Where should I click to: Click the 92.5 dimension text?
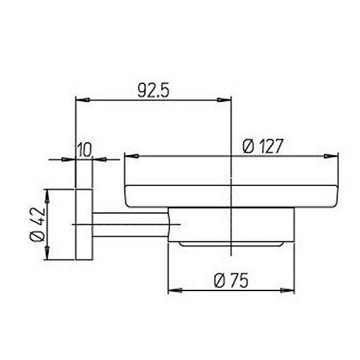153,90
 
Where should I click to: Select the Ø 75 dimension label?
231,280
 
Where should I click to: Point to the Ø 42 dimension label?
38,225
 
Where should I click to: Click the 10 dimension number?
84,150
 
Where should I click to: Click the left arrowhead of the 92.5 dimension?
83,100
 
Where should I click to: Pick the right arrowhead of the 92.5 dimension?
224,100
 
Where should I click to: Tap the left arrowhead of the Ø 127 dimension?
132,156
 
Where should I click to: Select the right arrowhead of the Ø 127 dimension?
331,156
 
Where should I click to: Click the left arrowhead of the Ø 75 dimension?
175,290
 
